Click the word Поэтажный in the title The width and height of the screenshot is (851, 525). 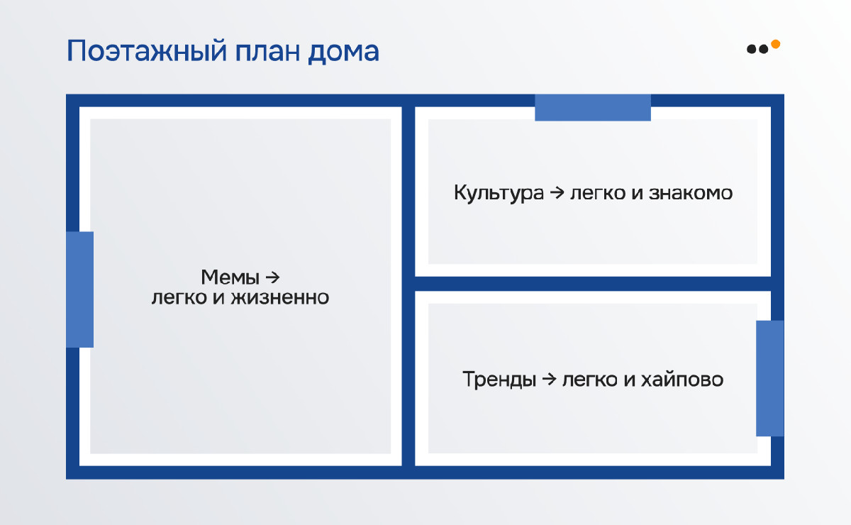tap(147, 51)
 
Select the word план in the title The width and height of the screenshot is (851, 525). tap(267, 52)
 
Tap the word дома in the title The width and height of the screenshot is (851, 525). tap(343, 52)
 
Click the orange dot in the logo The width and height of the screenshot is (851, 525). tap(775, 44)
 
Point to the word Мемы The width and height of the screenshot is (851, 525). tap(230, 277)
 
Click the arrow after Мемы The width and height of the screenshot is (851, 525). tap(272, 277)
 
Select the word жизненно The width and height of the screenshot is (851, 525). tap(280, 297)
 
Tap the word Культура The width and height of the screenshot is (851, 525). tap(499, 193)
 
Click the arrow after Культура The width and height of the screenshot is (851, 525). tap(557, 192)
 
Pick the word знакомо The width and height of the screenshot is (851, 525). tap(690, 193)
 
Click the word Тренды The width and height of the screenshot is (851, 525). tap(499, 380)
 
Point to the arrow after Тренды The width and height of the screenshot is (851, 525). tap(549, 379)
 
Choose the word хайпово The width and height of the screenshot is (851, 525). tap(682, 380)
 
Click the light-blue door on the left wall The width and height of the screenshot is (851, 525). tap(79, 289)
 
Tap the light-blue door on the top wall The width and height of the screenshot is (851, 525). tap(593, 108)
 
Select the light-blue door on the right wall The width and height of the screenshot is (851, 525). tap(770, 378)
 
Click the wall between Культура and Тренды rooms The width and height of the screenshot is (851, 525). tap(593, 284)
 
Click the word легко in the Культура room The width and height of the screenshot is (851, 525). tap(598, 193)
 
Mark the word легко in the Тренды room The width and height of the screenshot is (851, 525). tap(589, 380)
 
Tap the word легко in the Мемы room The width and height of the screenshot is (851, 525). tap(179, 298)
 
